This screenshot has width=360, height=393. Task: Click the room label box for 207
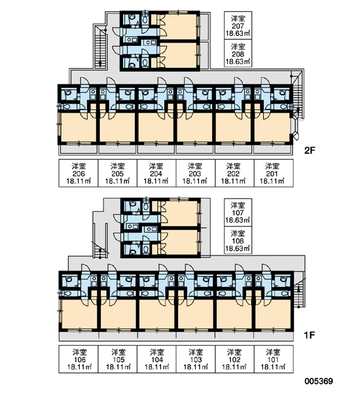pos(238,26)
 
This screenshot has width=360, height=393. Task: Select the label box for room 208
pos(238,53)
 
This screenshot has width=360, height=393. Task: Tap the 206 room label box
pos(79,173)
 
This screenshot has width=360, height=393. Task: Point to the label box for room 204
pos(156,173)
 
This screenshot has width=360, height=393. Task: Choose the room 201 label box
pos(274,173)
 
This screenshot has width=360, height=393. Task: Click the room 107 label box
pos(238,212)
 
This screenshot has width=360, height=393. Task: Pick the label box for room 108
pos(238,240)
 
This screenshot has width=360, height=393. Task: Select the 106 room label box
pos(79,360)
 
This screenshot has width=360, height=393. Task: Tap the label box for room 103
pos(196,360)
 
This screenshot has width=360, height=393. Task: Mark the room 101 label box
pos(274,360)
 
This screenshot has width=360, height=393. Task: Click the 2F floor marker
pos(310,151)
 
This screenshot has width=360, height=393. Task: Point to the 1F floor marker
pos(309,335)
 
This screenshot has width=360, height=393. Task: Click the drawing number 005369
pos(319,381)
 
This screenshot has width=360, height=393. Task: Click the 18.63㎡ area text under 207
pos(238,33)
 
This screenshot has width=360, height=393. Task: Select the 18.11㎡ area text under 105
pos(118,367)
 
